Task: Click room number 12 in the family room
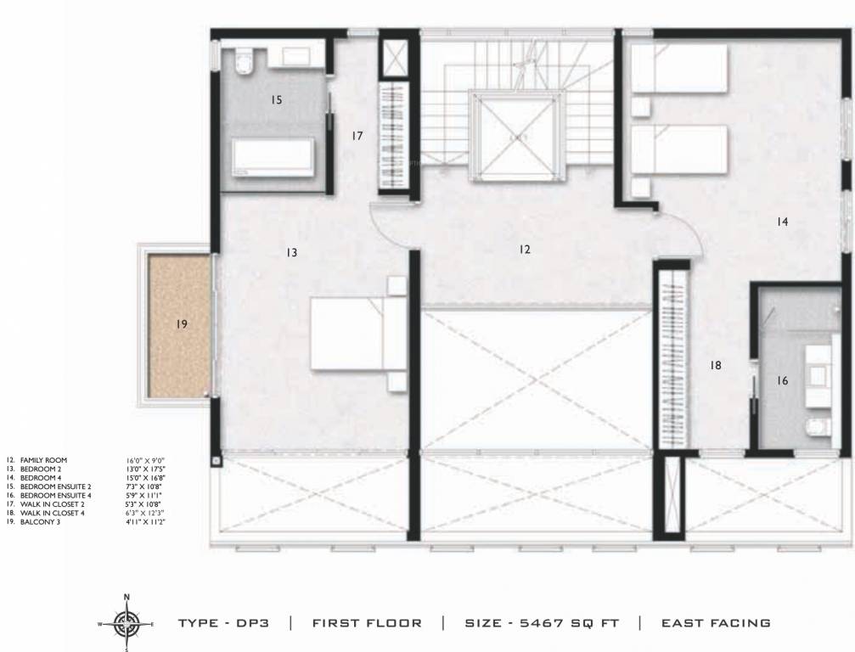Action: click(525, 250)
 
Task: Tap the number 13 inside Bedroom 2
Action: click(291, 252)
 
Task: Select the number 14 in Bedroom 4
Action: click(782, 222)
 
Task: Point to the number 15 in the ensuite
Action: click(276, 100)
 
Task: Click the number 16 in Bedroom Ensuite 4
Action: click(782, 381)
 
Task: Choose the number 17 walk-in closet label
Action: click(357, 136)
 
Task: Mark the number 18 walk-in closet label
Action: click(715, 365)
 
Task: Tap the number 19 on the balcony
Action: click(181, 323)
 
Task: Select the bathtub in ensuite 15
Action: click(273, 158)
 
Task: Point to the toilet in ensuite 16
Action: click(814, 426)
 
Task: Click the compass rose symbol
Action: click(127, 624)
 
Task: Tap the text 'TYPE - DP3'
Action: click(223, 623)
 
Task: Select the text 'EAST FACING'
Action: click(716, 623)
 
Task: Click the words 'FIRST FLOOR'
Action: click(367, 623)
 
